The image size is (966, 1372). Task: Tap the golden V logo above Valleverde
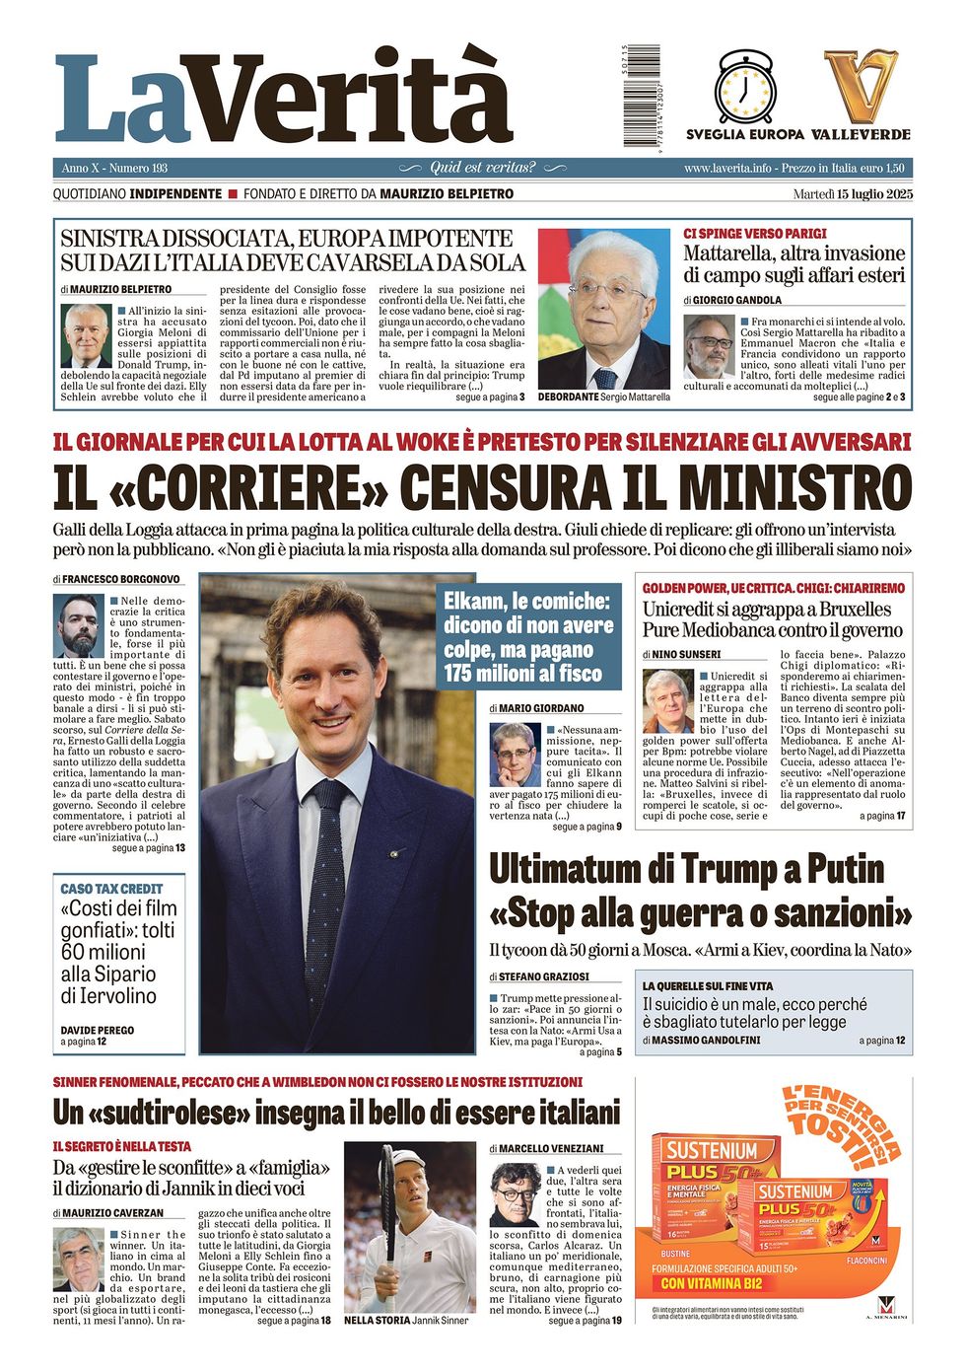pyautogui.click(x=861, y=87)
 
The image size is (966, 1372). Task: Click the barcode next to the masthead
pyautogui.click(x=628, y=96)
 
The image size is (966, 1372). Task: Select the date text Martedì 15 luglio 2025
pyautogui.click(x=853, y=194)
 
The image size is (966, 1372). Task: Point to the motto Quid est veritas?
pyautogui.click(x=483, y=168)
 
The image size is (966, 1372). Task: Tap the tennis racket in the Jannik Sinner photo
pyautogui.click(x=388, y=1198)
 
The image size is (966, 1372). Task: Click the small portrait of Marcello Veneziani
pyautogui.click(x=515, y=1194)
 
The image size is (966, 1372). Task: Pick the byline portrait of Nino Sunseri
pyautogui.click(x=667, y=701)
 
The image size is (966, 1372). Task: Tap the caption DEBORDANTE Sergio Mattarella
pyautogui.click(x=604, y=397)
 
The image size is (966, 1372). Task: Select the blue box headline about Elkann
pyautogui.click(x=529, y=637)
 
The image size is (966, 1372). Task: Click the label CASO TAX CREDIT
pyautogui.click(x=111, y=889)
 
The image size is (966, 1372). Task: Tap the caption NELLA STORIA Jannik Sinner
pyautogui.click(x=406, y=1320)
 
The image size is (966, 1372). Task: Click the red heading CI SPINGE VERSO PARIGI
pyautogui.click(x=754, y=234)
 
